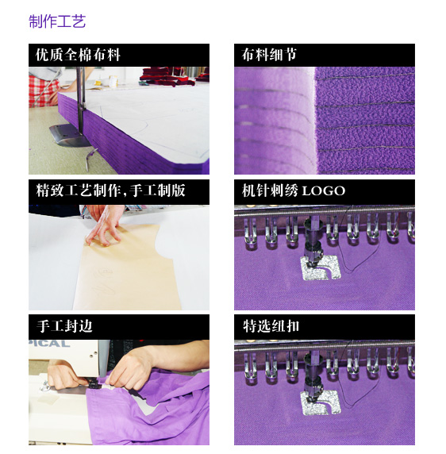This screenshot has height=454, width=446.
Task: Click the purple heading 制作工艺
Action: click(x=57, y=21)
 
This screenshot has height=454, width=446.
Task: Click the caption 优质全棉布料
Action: click(x=78, y=55)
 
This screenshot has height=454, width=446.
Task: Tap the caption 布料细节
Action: click(x=269, y=55)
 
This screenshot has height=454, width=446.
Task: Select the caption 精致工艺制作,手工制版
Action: click(x=110, y=190)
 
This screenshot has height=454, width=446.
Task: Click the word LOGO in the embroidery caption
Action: click(x=324, y=191)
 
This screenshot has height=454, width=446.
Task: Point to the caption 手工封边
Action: click(x=64, y=326)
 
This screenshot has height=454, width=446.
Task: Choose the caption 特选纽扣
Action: click(x=271, y=326)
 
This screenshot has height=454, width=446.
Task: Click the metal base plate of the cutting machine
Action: click(x=69, y=135)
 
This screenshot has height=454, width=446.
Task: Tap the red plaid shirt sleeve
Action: click(x=43, y=90)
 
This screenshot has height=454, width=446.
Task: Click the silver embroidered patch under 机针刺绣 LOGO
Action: click(x=321, y=267)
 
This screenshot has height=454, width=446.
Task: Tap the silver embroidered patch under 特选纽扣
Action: click(x=321, y=402)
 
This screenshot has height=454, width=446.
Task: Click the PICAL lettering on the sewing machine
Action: click(x=49, y=344)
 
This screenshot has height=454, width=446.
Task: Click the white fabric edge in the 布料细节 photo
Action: click(x=313, y=120)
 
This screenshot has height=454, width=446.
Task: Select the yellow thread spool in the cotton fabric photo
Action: click(x=113, y=81)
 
